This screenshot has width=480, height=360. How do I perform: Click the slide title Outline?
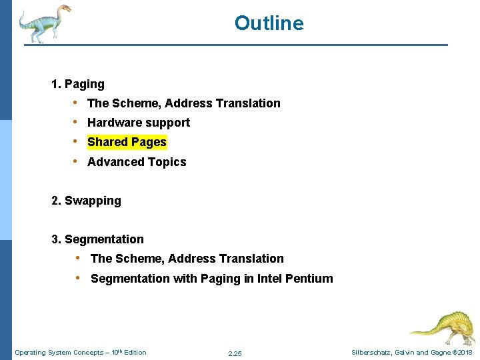269,23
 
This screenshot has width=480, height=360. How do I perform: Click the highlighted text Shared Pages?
127,142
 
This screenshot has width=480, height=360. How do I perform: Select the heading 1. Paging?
78,84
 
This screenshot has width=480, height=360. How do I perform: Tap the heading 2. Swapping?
86,201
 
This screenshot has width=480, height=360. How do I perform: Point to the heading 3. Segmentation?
97,239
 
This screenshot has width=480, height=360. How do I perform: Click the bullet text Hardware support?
139,123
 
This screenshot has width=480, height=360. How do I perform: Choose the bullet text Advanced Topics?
137,162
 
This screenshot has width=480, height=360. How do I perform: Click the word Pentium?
309,279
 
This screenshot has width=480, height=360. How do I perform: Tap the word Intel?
268,279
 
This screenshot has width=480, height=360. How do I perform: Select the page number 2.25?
235,353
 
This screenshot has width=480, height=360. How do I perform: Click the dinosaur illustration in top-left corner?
44,23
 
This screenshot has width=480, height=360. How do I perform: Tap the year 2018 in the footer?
465,353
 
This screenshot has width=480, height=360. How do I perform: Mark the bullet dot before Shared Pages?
77,142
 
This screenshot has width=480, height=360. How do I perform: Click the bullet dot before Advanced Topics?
77,161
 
